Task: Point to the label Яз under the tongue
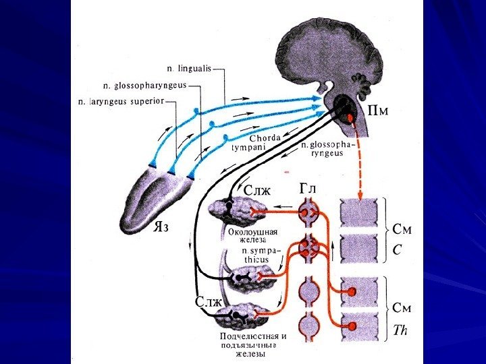(159, 226)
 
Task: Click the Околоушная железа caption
(252, 236)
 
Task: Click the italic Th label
(401, 331)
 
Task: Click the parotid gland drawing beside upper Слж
(229, 212)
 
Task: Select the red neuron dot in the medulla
(351, 119)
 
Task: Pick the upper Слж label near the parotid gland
(256, 191)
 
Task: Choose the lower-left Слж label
(208, 301)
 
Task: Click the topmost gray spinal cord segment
(360, 213)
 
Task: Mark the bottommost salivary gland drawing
(247, 317)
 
